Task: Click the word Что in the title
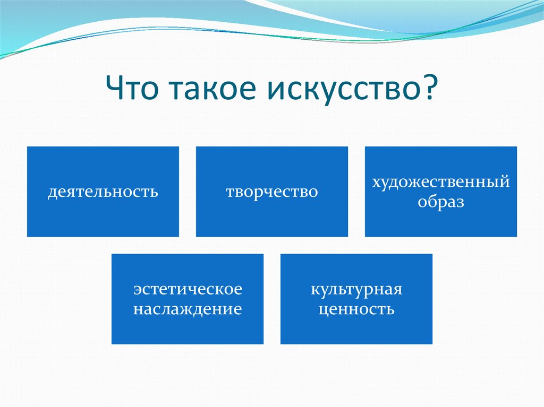click(132, 87)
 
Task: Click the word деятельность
click(103, 192)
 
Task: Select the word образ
click(440, 202)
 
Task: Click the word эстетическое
click(188, 290)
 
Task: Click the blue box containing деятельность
click(103, 192)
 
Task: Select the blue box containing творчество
click(272, 192)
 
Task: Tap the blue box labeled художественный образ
click(441, 192)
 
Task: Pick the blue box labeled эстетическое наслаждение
click(188, 299)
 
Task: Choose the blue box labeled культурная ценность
click(356, 299)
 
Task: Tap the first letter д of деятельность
click(52, 193)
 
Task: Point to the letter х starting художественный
click(377, 183)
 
